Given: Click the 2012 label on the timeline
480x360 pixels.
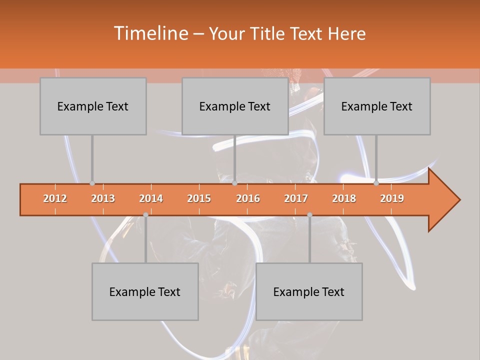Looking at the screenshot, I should coord(55,198).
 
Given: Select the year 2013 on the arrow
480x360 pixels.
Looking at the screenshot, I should coord(103,198).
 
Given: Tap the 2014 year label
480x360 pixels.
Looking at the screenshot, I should coord(151,198).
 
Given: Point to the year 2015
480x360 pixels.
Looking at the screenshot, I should coord(199,198).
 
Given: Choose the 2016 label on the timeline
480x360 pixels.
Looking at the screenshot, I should coord(248,198).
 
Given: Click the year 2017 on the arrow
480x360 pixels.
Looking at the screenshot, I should coord(296,198).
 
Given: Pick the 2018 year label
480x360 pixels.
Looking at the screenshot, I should coord(344,198).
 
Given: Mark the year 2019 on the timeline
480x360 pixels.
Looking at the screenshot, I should coord(392,198).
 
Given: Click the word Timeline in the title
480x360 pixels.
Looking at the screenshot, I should coord(149,33).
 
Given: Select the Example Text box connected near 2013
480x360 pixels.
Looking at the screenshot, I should coord(93,106).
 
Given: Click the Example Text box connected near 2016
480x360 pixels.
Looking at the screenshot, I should coord(235,106).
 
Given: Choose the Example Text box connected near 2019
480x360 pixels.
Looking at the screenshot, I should coord(377,106).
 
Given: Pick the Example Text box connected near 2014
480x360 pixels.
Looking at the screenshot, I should coord(145,291).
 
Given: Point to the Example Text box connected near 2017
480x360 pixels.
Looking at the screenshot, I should coord(309,291).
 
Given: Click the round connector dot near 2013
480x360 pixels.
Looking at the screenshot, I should coord(92,183).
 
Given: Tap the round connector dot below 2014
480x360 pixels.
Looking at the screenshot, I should coord(145,215).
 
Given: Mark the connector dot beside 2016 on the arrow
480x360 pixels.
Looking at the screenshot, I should coord(234,183).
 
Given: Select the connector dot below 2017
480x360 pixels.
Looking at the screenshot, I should coord(309,215).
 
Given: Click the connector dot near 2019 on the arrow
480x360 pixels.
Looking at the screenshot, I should coord(376,183).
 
